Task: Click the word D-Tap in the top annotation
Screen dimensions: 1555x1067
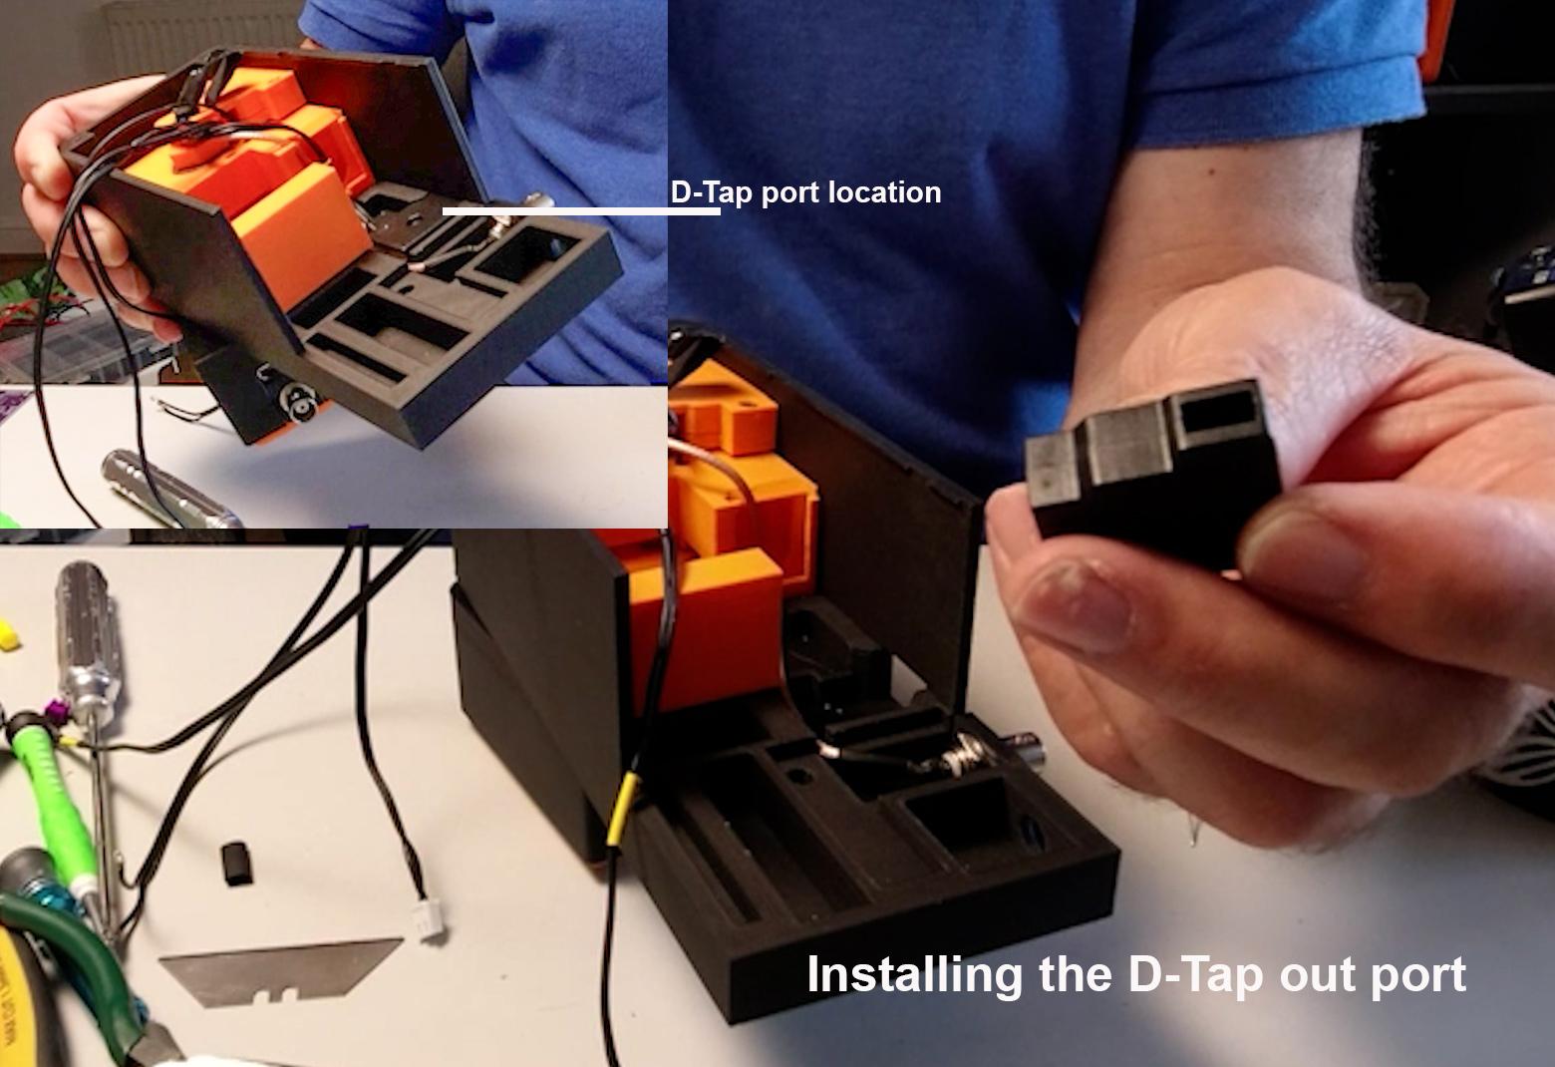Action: [x=712, y=192]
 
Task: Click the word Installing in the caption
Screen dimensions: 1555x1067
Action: [x=914, y=976]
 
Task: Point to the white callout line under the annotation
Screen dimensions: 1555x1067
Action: [x=581, y=210]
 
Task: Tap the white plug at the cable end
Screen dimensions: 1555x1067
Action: [x=430, y=921]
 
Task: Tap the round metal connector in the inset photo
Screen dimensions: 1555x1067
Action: [x=300, y=401]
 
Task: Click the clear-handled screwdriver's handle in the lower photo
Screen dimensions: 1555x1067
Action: [x=87, y=639]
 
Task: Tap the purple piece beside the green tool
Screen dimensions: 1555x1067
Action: [x=53, y=712]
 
